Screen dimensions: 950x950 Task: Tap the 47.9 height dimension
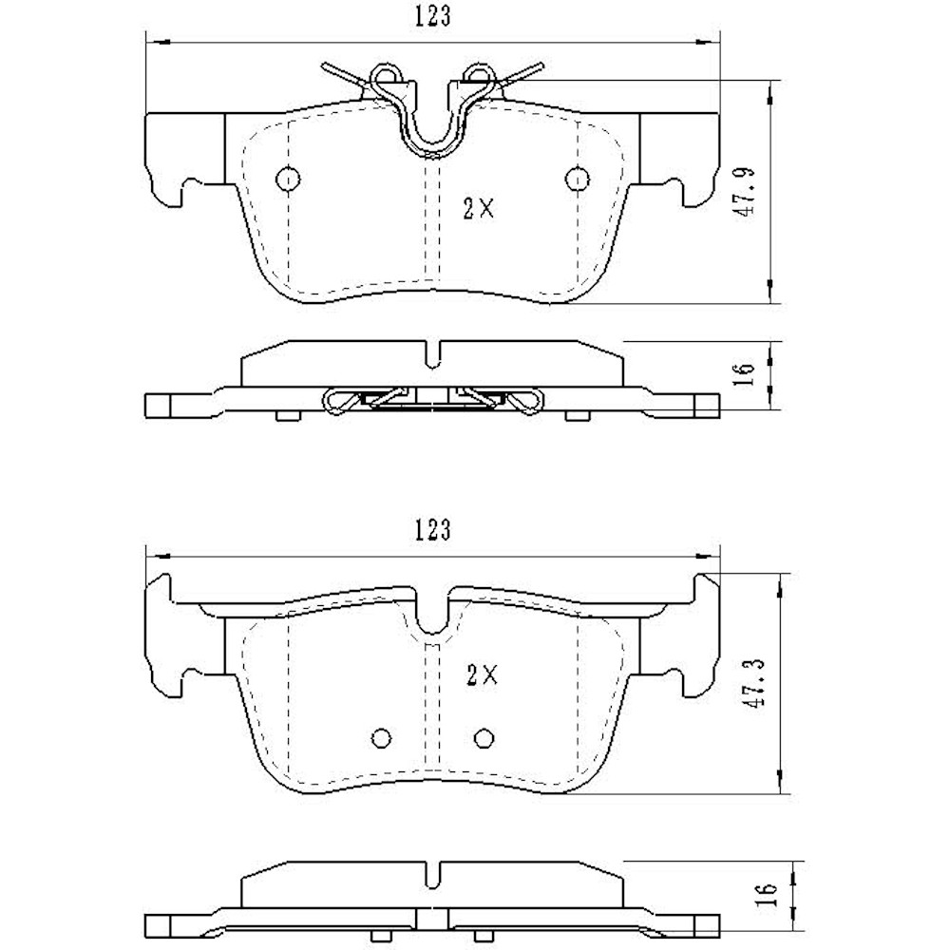[747, 193]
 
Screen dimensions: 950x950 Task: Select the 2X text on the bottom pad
[483, 675]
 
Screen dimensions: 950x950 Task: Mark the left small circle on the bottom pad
[382, 738]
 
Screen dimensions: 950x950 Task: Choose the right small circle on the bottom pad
[484, 738]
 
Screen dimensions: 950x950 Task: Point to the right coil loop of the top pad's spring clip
[477, 74]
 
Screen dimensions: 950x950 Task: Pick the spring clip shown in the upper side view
[432, 400]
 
